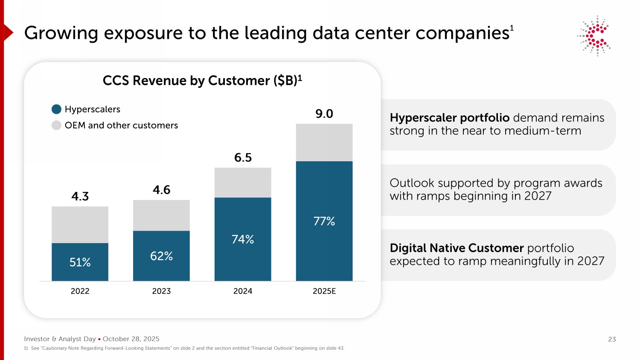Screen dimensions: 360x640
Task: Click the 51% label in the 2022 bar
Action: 80,262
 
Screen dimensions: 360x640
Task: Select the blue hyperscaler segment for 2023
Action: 161,256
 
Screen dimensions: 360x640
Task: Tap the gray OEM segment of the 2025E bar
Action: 324,142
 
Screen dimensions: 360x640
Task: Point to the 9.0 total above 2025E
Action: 324,114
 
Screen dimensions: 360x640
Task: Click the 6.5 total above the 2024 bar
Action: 243,158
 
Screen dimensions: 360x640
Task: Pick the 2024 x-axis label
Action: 243,291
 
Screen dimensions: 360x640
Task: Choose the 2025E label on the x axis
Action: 324,291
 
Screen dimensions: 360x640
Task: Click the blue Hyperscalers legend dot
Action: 56,109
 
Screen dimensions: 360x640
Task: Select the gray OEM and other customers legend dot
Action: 56,125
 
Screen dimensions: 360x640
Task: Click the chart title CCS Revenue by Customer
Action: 202,81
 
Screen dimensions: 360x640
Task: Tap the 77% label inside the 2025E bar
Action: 324,221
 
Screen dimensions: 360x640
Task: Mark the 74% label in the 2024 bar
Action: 243,239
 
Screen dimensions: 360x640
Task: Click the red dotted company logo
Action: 594,36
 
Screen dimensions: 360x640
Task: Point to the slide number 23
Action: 612,340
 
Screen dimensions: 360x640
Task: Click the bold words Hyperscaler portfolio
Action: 450,118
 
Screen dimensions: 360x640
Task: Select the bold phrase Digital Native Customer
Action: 457,248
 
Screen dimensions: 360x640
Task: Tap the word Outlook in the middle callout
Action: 412,183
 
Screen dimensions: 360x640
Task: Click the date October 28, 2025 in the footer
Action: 131,339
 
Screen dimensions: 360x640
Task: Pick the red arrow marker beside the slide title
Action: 8,32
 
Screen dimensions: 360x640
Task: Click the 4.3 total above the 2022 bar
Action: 80,197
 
